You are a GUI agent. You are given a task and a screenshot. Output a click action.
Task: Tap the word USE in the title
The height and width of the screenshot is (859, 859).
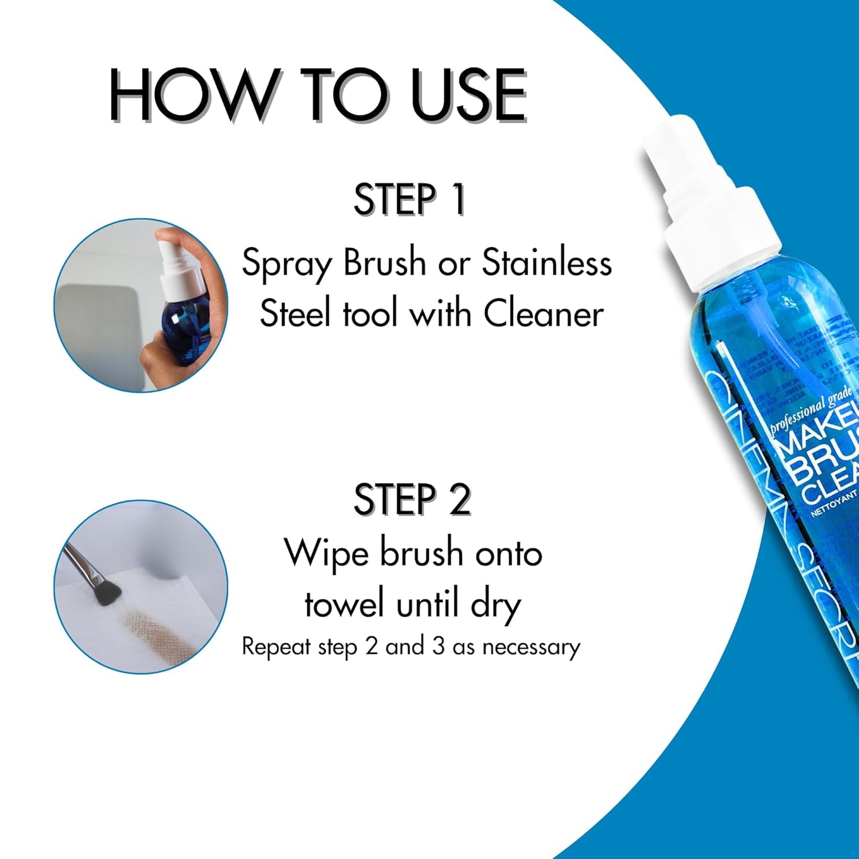470,95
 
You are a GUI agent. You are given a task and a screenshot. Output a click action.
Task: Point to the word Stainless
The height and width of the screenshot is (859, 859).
546,263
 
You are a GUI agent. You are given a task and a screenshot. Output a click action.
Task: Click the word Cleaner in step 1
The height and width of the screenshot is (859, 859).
543,314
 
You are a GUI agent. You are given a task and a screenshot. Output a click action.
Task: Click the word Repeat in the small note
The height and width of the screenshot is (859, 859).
276,647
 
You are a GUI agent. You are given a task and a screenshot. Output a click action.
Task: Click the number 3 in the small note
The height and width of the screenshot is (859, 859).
438,646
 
